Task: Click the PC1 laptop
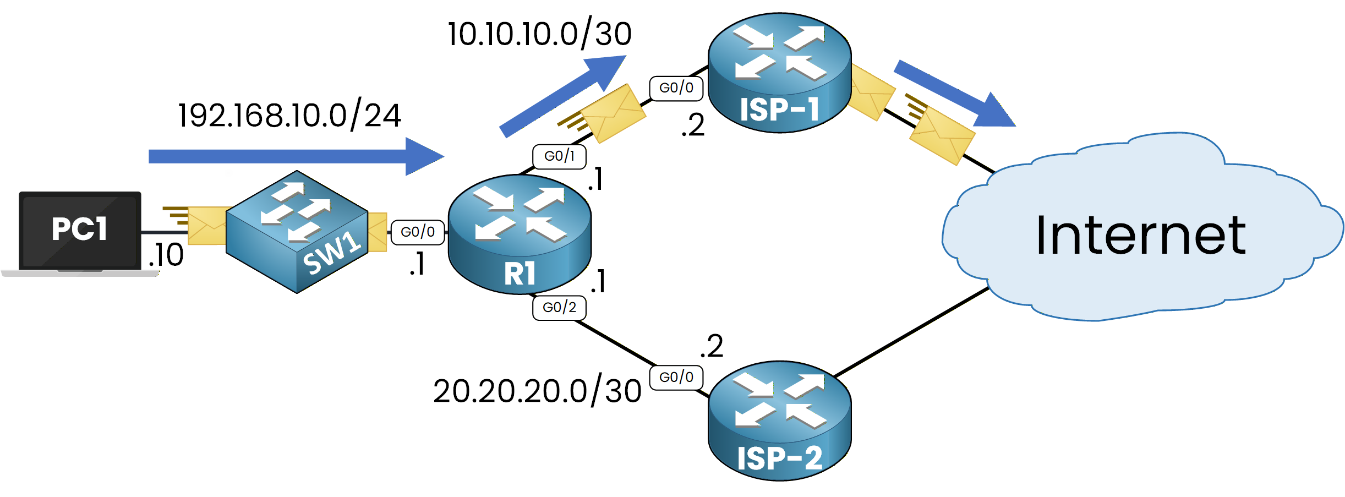(80, 231)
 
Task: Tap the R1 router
(520, 234)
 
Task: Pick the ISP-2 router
(779, 421)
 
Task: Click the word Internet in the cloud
(1140, 236)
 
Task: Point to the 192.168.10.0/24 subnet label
(289, 116)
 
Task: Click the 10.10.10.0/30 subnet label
(539, 34)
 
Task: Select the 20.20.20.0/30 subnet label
(537, 391)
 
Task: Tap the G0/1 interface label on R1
(559, 156)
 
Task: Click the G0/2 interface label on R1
(559, 308)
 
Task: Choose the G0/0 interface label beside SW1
(418, 232)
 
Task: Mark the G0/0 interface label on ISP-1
(676, 88)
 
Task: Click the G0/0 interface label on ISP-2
(676, 378)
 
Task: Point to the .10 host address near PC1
(166, 255)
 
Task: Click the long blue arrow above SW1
(296, 156)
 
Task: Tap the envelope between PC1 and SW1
(207, 226)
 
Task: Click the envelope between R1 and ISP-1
(612, 114)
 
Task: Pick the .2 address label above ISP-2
(712, 346)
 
